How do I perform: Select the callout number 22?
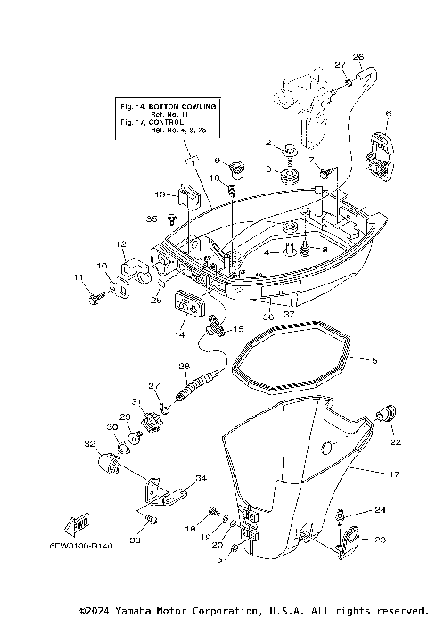[395, 441]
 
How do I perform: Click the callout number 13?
[160, 194]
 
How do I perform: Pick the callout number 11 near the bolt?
[77, 280]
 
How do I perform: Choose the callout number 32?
[89, 443]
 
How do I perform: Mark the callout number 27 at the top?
[340, 64]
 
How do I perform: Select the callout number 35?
[152, 218]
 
